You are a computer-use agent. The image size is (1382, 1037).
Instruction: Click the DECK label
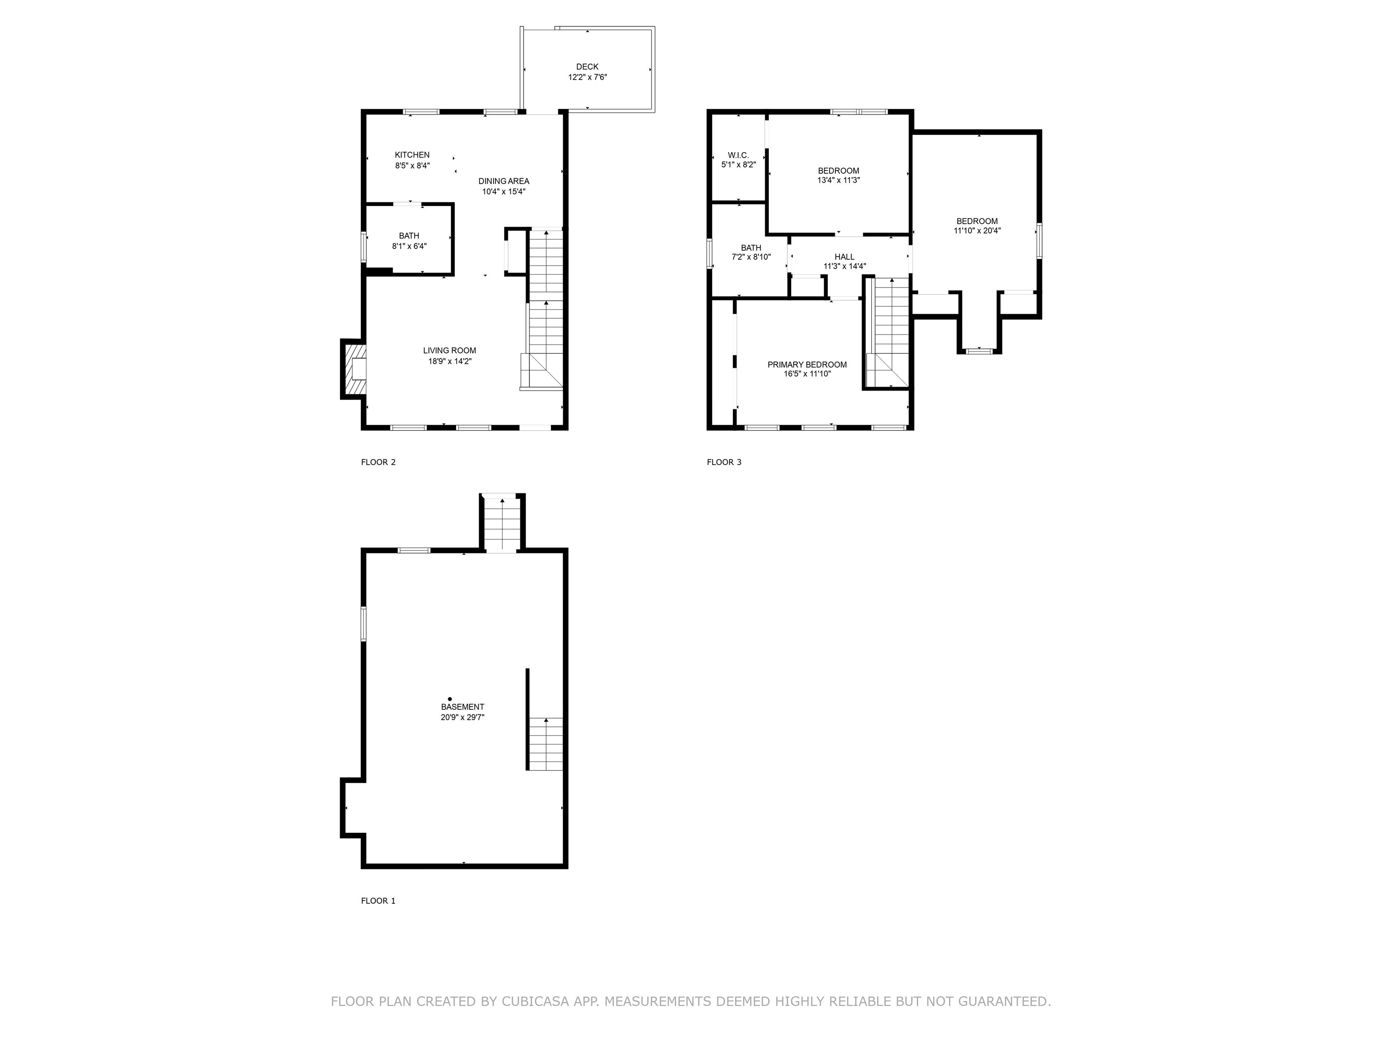(x=587, y=67)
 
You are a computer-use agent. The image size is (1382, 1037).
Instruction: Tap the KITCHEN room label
(x=413, y=155)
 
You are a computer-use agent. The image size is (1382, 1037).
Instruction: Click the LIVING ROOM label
(x=449, y=351)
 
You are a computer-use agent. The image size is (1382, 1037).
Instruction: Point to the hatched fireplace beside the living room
(x=354, y=369)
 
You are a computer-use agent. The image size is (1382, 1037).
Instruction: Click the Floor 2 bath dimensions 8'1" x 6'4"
(x=409, y=246)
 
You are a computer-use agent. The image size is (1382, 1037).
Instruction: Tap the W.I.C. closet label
(x=739, y=155)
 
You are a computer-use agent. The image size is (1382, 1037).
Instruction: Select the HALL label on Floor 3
(x=845, y=257)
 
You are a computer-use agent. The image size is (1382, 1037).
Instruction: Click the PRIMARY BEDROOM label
(x=807, y=365)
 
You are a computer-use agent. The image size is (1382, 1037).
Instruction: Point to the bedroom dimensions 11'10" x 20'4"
(x=977, y=230)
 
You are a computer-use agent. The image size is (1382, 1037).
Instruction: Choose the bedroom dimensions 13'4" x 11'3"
(x=839, y=180)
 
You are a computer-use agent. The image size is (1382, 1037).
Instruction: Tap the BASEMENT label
(x=462, y=707)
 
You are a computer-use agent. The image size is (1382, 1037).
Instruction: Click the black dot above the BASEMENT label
(x=450, y=699)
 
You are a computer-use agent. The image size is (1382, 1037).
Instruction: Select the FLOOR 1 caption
(x=378, y=901)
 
